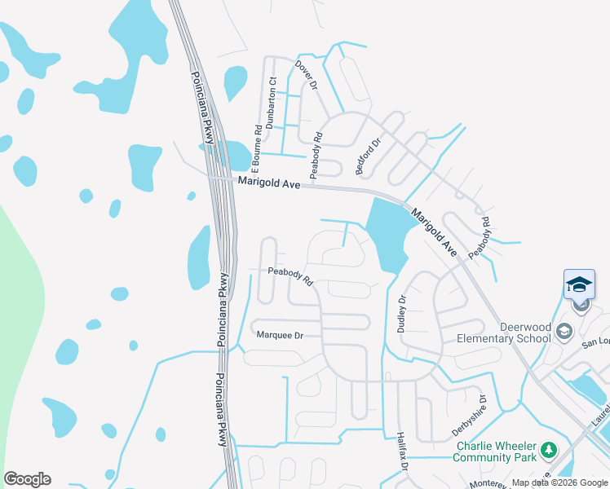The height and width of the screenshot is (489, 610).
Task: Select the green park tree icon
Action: click(550, 450)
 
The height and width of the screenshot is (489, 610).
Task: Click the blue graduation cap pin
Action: click(579, 285)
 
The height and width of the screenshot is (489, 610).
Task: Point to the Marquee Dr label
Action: click(280, 335)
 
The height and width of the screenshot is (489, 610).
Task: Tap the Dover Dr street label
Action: click(306, 75)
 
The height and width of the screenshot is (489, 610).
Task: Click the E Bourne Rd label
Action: click(257, 145)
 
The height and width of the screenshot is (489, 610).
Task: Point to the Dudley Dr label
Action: click(401, 314)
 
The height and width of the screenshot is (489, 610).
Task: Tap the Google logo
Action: click(27, 478)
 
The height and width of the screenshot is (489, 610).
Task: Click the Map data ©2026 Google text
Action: click(559, 482)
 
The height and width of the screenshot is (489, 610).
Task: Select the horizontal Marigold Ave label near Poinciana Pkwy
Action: click(269, 183)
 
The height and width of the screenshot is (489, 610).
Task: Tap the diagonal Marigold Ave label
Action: click(434, 233)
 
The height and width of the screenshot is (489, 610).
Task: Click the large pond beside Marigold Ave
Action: click(387, 233)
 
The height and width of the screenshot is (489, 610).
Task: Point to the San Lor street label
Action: click(595, 343)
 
